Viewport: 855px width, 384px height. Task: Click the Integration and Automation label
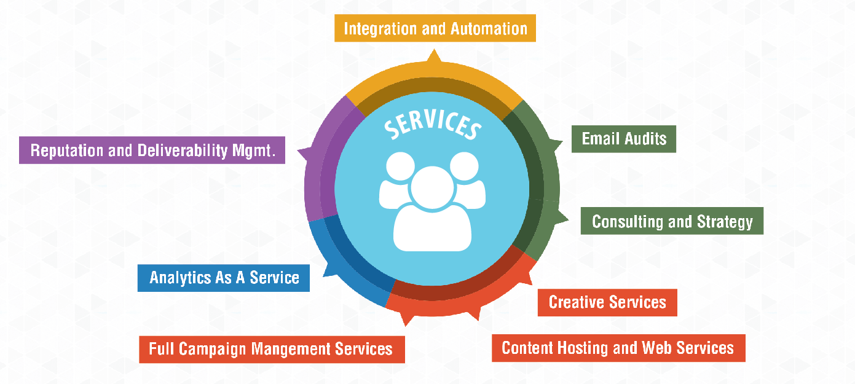pyautogui.click(x=435, y=28)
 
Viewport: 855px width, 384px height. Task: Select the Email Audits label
pyautogui.click(x=624, y=138)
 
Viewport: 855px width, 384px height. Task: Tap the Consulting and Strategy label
pyautogui.click(x=672, y=221)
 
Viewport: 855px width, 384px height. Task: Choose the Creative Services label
pyautogui.click(x=607, y=302)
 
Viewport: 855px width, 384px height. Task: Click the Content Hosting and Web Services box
pyautogui.click(x=618, y=348)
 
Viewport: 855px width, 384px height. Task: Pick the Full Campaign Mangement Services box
pyautogui.click(x=271, y=349)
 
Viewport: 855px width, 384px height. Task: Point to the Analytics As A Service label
pyautogui.click(x=224, y=278)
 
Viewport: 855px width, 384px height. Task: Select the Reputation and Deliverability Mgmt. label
pyautogui.click(x=152, y=151)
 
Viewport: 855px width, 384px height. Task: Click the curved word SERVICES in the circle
pyautogui.click(x=432, y=125)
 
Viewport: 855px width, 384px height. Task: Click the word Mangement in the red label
pyautogui.click(x=292, y=349)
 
